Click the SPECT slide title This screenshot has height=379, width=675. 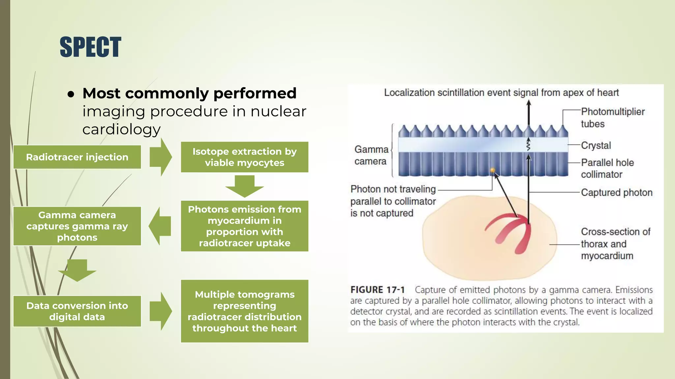[x=90, y=47]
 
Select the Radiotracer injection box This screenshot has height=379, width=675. [x=77, y=157]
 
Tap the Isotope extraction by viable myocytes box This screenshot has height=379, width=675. [x=244, y=157]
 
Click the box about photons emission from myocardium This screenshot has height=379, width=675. [x=244, y=226]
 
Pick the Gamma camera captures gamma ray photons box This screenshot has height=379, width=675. [x=77, y=226]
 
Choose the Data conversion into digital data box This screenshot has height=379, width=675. [x=77, y=311]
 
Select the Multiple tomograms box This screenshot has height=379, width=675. [x=244, y=311]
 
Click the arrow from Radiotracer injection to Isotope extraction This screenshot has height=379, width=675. [x=161, y=157]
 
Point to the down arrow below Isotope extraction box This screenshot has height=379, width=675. [x=244, y=186]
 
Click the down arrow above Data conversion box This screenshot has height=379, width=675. [x=77, y=270]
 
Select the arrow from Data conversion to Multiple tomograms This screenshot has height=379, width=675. [x=161, y=311]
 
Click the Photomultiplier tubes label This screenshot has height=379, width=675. [x=612, y=118]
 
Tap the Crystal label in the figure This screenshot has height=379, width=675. [x=596, y=145]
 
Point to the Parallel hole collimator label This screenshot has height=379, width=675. [x=607, y=168]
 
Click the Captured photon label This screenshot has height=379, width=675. [x=616, y=192]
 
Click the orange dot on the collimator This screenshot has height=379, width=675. [x=492, y=170]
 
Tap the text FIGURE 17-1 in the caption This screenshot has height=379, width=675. [x=377, y=290]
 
